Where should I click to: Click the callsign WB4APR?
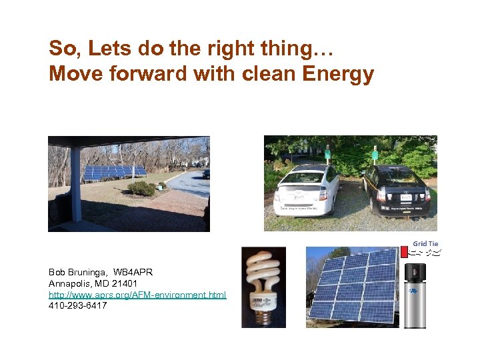(134, 273)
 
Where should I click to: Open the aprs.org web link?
(137, 295)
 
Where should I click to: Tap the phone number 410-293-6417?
(77, 306)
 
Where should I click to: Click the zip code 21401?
(124, 284)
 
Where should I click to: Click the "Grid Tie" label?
(425, 244)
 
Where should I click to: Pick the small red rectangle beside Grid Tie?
(404, 252)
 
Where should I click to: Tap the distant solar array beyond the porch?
(115, 172)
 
